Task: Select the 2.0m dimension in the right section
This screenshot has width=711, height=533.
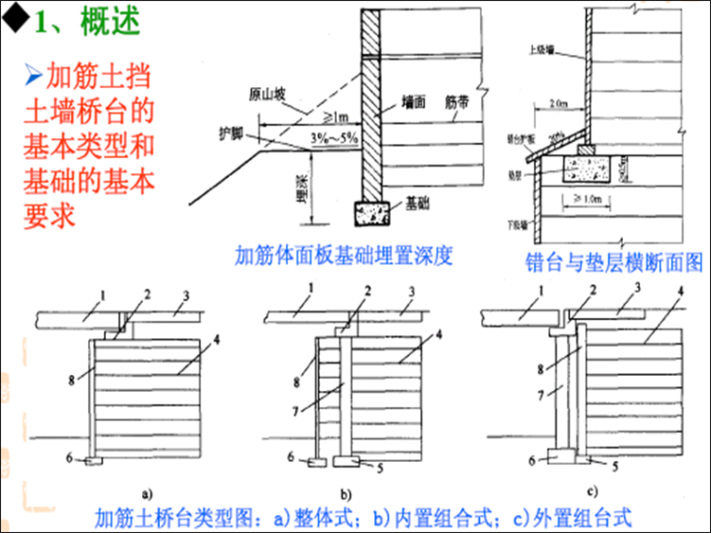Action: tap(560, 104)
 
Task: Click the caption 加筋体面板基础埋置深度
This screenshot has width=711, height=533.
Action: tap(343, 255)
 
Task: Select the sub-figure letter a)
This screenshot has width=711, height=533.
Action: tap(146, 489)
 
